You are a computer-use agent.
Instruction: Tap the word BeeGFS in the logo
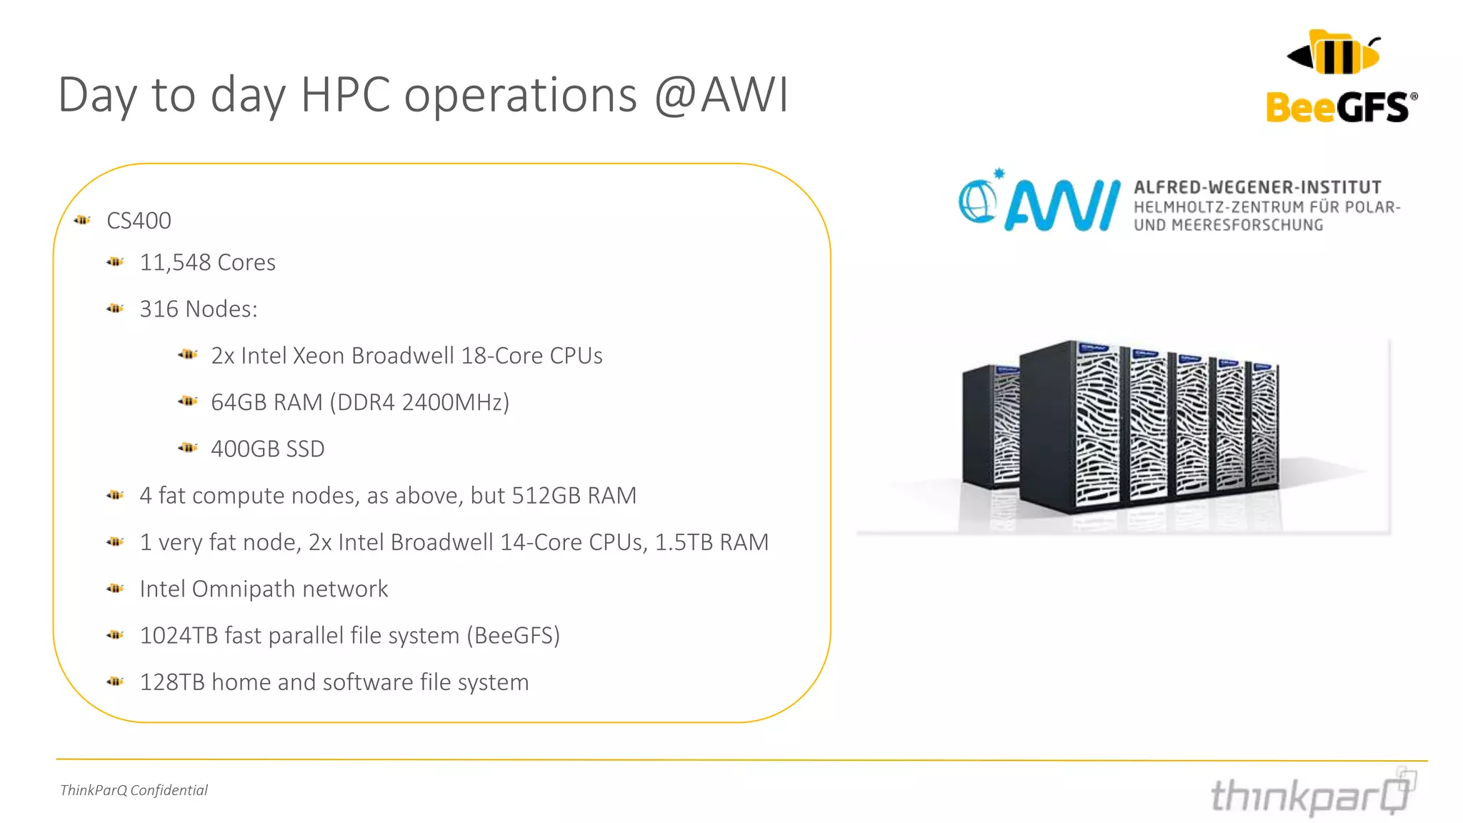(x=1340, y=108)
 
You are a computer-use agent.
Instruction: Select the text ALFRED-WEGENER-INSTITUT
(x=1257, y=187)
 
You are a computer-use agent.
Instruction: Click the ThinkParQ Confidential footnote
(x=134, y=790)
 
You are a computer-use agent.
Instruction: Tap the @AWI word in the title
(x=721, y=95)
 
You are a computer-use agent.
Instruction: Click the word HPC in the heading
(x=346, y=95)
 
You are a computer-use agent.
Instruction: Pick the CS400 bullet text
(x=139, y=221)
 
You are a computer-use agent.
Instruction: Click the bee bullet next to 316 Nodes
(x=115, y=309)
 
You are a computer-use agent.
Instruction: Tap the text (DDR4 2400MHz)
(x=419, y=402)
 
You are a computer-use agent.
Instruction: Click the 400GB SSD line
(x=267, y=449)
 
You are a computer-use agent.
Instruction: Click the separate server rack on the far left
(x=989, y=426)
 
